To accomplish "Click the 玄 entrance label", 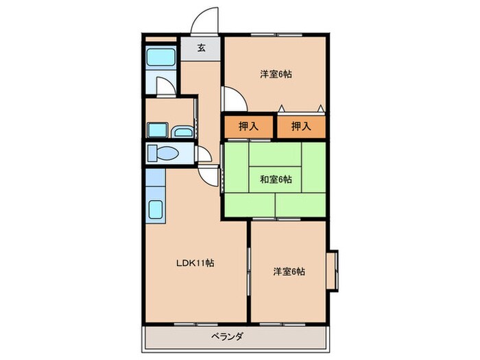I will pos(202,48).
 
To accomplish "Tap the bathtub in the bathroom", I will pos(160,56).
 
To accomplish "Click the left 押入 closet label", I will pos(247,126).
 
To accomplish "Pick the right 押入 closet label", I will pos(300,126).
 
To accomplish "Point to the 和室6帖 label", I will pos(275,180).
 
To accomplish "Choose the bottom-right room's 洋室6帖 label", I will pos(289,271).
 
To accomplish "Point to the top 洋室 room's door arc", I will pos(232,99).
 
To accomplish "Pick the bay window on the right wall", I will pos(332,272).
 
